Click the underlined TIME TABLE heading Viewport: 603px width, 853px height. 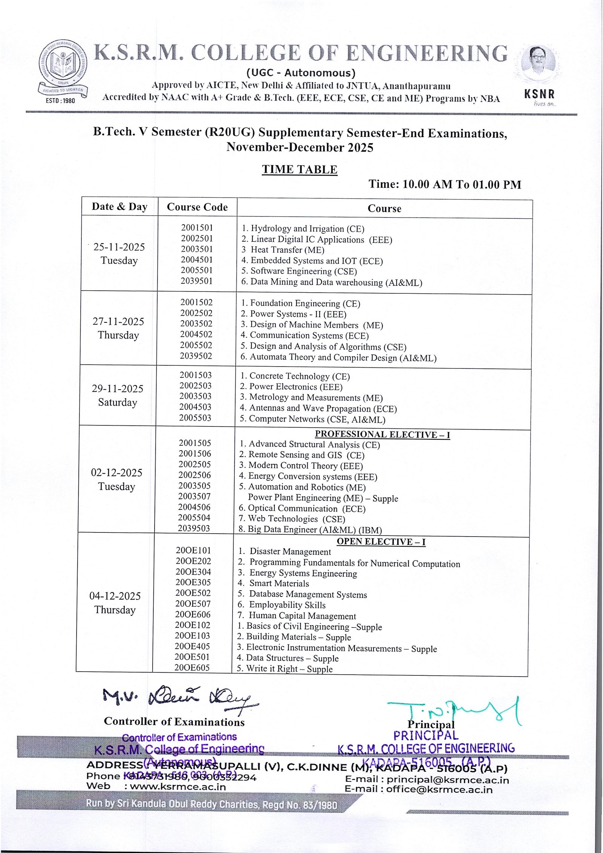pyautogui.click(x=300, y=169)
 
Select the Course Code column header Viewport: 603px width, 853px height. pyautogui.click(x=197, y=207)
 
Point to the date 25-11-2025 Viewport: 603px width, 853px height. pyautogui.click(x=119, y=247)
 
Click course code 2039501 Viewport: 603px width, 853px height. pyautogui.click(x=196, y=281)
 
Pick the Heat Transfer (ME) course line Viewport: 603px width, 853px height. pyautogui.click(x=283, y=250)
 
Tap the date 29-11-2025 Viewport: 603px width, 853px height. pyautogui.click(x=118, y=389)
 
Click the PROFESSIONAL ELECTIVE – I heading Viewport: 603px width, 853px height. pyautogui.click(x=382, y=434)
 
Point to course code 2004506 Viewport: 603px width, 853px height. pyautogui.click(x=194, y=507)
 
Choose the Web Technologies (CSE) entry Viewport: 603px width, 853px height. pyautogui.click(x=292, y=519)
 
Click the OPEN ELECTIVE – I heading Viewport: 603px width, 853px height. pyautogui.click(x=381, y=542)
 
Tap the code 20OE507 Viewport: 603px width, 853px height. pyautogui.click(x=193, y=604)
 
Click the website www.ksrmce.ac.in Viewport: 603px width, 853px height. pyautogui.click(x=178, y=787)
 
